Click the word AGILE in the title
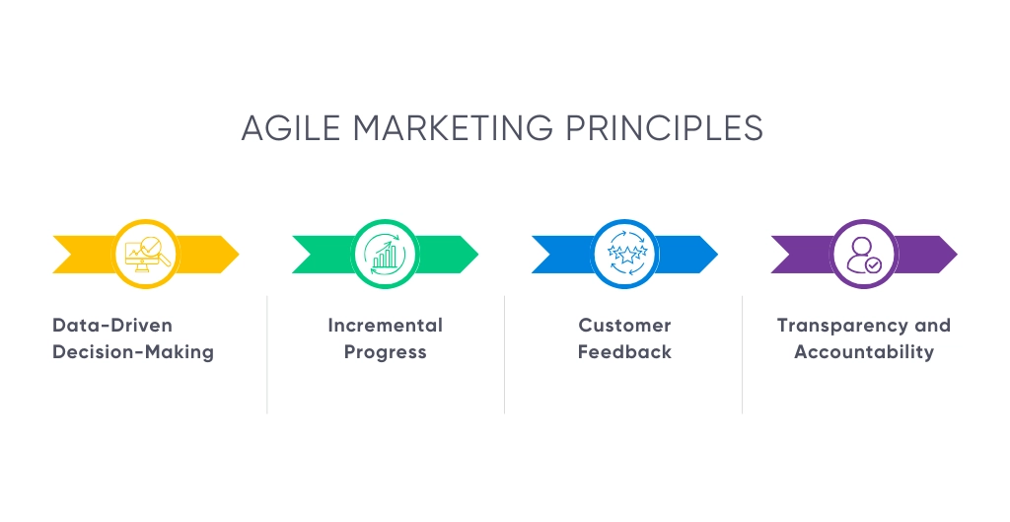click(x=291, y=127)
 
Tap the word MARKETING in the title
click(x=453, y=127)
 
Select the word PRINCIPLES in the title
click(x=664, y=127)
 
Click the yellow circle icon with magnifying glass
click(x=146, y=254)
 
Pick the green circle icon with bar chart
click(x=386, y=254)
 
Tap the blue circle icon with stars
click(x=624, y=254)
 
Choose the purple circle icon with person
click(x=864, y=254)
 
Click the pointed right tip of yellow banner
click(x=239, y=255)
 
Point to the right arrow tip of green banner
click(x=478, y=255)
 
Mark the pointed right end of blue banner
click(x=718, y=255)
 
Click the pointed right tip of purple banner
click(x=957, y=255)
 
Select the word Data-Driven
click(x=112, y=325)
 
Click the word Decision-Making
click(x=133, y=352)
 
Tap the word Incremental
click(x=386, y=325)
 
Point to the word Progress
click(x=386, y=352)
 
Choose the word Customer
click(x=624, y=325)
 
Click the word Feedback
click(x=624, y=352)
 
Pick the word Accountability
click(x=864, y=352)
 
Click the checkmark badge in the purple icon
click(x=873, y=264)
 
